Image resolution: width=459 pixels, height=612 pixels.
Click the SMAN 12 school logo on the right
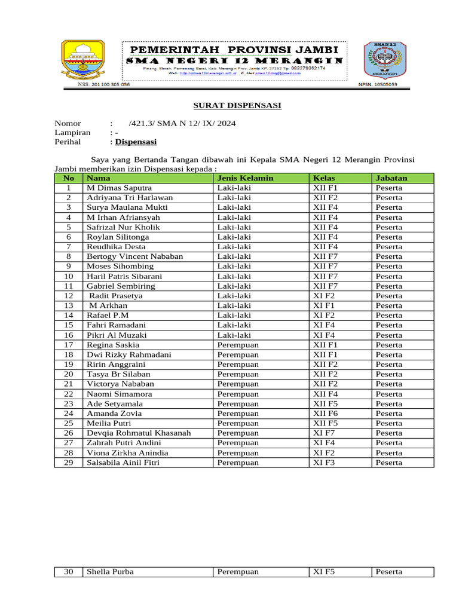click(381, 62)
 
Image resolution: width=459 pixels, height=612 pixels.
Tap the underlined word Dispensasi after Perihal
click(136, 142)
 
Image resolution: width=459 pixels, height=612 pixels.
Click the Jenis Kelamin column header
click(245, 178)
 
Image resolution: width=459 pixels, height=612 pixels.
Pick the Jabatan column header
click(391, 178)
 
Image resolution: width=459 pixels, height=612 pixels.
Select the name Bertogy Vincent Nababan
click(134, 256)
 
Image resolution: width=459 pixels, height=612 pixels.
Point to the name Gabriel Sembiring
click(121, 286)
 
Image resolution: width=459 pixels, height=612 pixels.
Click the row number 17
click(69, 345)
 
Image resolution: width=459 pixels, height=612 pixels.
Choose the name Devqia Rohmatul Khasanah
click(139, 433)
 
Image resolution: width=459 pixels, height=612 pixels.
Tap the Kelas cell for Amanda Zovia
click(326, 414)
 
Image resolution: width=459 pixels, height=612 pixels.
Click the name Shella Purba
click(110, 572)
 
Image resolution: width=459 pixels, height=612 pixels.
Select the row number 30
click(69, 572)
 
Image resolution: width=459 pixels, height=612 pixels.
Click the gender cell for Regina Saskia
click(238, 345)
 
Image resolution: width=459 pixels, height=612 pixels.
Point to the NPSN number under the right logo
click(378, 85)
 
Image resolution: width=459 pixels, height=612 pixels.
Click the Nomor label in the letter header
click(68, 123)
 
